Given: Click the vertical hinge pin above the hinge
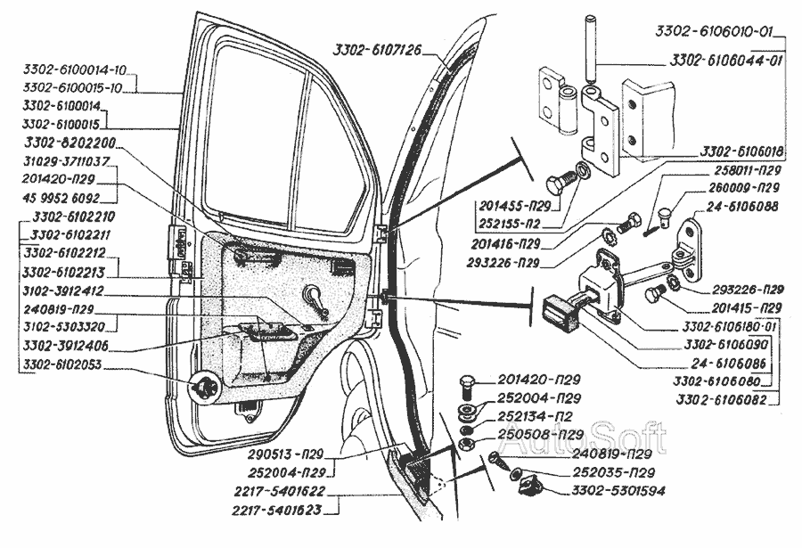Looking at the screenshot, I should tap(590, 49).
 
